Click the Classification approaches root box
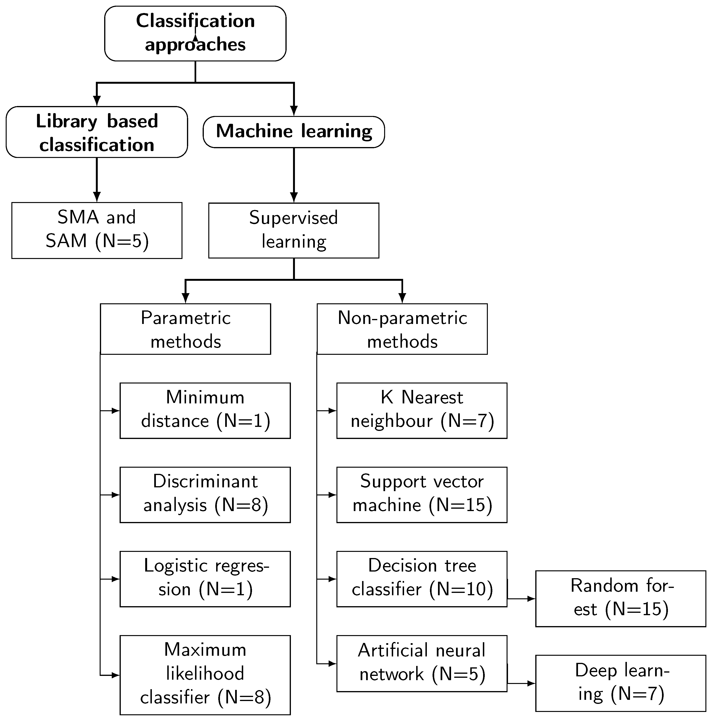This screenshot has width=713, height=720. click(x=195, y=33)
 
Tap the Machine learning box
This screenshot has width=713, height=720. click(x=294, y=132)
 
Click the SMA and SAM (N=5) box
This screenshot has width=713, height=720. click(x=97, y=230)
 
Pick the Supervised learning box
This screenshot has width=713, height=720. click(x=294, y=230)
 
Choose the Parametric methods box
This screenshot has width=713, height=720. click(x=185, y=329)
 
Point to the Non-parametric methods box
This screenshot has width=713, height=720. click(x=402, y=329)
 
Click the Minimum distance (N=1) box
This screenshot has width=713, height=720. click(x=205, y=410)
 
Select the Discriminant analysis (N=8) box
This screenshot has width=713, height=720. click(x=205, y=494)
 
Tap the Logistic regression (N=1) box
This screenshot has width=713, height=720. click(x=205, y=579)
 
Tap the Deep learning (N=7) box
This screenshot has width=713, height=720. click(x=620, y=683)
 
